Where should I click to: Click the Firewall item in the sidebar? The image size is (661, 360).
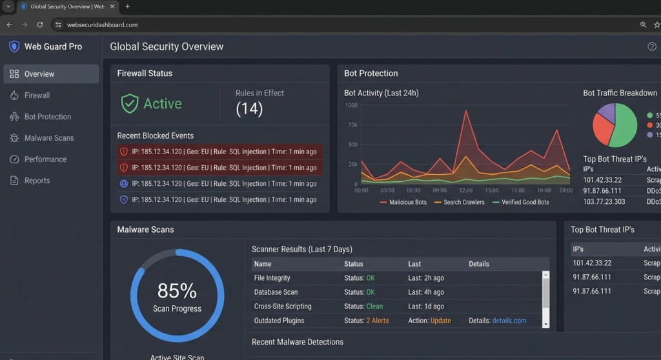37,95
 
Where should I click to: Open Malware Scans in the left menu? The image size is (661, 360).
48,138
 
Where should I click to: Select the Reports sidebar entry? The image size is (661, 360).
37,181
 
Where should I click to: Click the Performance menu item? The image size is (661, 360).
45,159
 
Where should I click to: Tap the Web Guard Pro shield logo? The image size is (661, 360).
14,46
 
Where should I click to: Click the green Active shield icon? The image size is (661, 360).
130,104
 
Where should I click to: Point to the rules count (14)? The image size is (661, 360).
249,109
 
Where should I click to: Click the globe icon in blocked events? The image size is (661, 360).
124,184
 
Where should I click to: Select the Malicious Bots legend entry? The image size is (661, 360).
407,203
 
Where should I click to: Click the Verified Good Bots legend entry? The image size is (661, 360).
525,203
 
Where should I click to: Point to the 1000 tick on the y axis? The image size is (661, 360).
351,105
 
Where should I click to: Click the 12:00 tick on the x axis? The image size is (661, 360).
465,190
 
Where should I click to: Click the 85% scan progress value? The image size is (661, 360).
177,290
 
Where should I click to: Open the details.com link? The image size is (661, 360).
509,321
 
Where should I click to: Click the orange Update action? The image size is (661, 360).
440,321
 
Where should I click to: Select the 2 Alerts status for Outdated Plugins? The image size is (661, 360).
377,321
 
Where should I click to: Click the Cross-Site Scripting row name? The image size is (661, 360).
283,306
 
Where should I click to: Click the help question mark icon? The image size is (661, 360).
651,46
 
